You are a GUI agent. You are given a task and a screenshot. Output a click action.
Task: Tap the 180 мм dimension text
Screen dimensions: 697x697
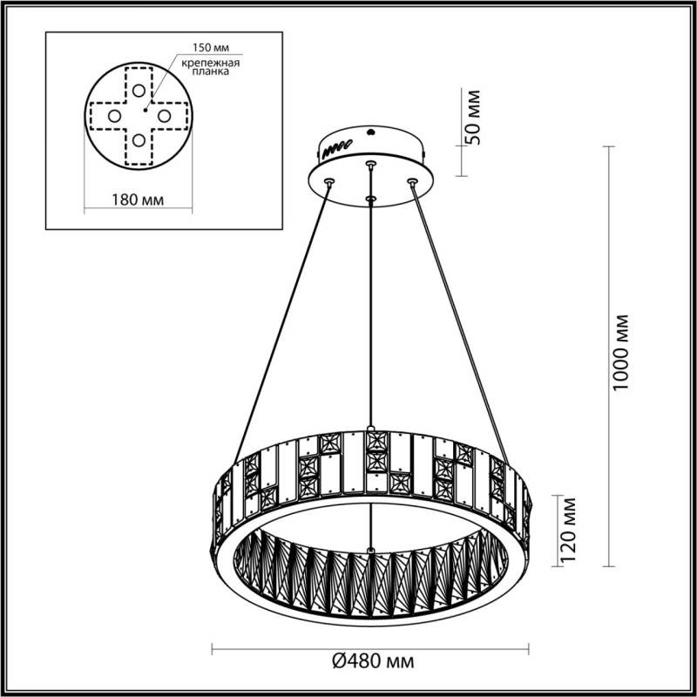[x=140, y=200]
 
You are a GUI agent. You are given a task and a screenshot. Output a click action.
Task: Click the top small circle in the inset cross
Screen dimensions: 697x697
[x=139, y=89]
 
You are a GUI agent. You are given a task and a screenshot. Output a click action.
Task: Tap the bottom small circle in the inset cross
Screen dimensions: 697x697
[x=139, y=139]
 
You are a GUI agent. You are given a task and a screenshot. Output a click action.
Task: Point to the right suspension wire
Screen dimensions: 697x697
[x=457, y=314]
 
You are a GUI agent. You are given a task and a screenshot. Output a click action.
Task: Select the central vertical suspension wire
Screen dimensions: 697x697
[x=372, y=314]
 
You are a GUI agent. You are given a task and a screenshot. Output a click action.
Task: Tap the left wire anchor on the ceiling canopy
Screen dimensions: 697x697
[x=329, y=182]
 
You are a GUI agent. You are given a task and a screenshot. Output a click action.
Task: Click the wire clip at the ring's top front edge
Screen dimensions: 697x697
[x=372, y=429]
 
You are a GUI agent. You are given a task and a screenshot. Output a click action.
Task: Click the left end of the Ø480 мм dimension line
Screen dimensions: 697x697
[x=213, y=648]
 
